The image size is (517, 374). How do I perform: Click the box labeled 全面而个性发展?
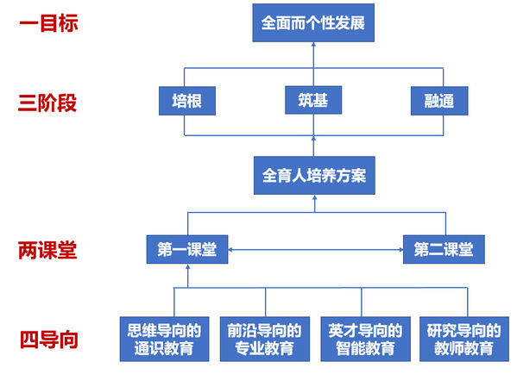[313, 22]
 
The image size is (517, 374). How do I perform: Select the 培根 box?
[187, 101]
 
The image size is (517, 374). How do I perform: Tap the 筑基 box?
[313, 100]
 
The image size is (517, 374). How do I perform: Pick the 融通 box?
[439, 101]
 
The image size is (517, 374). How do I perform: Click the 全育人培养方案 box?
[314, 175]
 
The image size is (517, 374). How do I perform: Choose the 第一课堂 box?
[187, 249]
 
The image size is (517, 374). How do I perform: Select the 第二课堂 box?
[444, 249]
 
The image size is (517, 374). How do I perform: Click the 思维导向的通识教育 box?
[164, 340]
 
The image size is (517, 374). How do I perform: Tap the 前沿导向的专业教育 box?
[265, 340]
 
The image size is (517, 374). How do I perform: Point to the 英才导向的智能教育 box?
[365, 340]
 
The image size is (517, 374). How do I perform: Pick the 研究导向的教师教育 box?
[463, 340]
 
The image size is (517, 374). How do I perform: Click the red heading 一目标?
[48, 23]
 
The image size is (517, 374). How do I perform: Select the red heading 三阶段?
[47, 103]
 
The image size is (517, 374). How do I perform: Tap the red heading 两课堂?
[47, 250]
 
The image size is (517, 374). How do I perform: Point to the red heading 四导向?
[49, 340]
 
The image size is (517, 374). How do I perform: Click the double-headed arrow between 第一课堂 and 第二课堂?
[316, 250]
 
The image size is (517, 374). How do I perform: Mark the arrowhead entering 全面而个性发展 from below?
[313, 44]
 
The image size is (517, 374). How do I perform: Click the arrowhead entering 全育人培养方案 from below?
[314, 196]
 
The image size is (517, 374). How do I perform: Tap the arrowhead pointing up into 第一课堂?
[188, 266]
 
